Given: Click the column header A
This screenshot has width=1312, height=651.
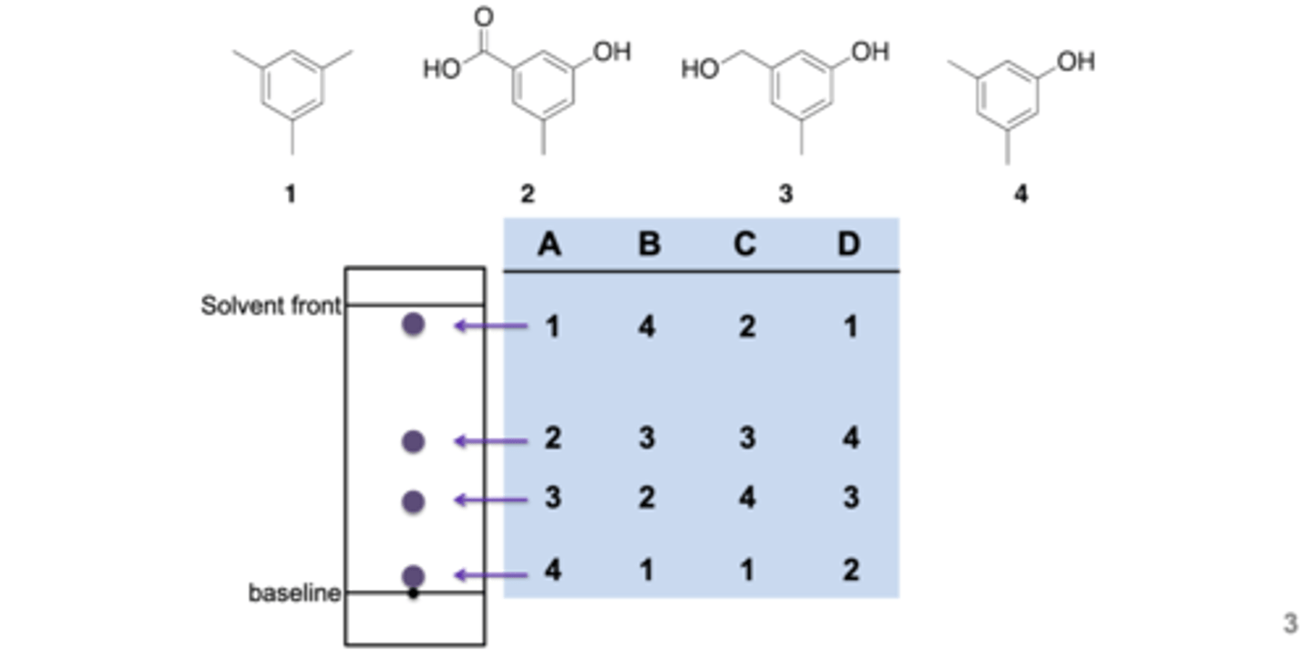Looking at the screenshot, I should click(548, 244).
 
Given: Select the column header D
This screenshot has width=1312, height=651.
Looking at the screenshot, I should click(848, 244).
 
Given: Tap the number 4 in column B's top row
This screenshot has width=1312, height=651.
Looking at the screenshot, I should click(647, 326).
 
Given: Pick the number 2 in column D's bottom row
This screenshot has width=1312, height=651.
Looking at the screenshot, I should click(849, 571).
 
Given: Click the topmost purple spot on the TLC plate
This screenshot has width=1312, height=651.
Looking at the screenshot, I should click(413, 324).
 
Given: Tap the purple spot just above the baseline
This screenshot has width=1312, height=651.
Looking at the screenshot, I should click(413, 575).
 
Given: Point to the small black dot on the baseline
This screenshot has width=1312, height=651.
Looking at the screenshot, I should click(413, 594).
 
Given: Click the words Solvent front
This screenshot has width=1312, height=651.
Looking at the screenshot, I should click(271, 305).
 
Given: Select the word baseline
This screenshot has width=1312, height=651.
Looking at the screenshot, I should click(294, 593).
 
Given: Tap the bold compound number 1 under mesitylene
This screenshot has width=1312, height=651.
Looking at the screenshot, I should click(290, 194).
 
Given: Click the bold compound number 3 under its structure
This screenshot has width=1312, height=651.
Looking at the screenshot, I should click(785, 194).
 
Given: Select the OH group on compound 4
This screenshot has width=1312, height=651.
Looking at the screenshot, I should click(1076, 62).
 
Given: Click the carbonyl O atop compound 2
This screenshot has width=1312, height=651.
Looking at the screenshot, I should click(484, 16).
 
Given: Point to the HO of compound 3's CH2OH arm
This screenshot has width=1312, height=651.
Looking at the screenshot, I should click(700, 69).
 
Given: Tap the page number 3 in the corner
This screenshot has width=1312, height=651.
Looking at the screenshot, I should click(1290, 624).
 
